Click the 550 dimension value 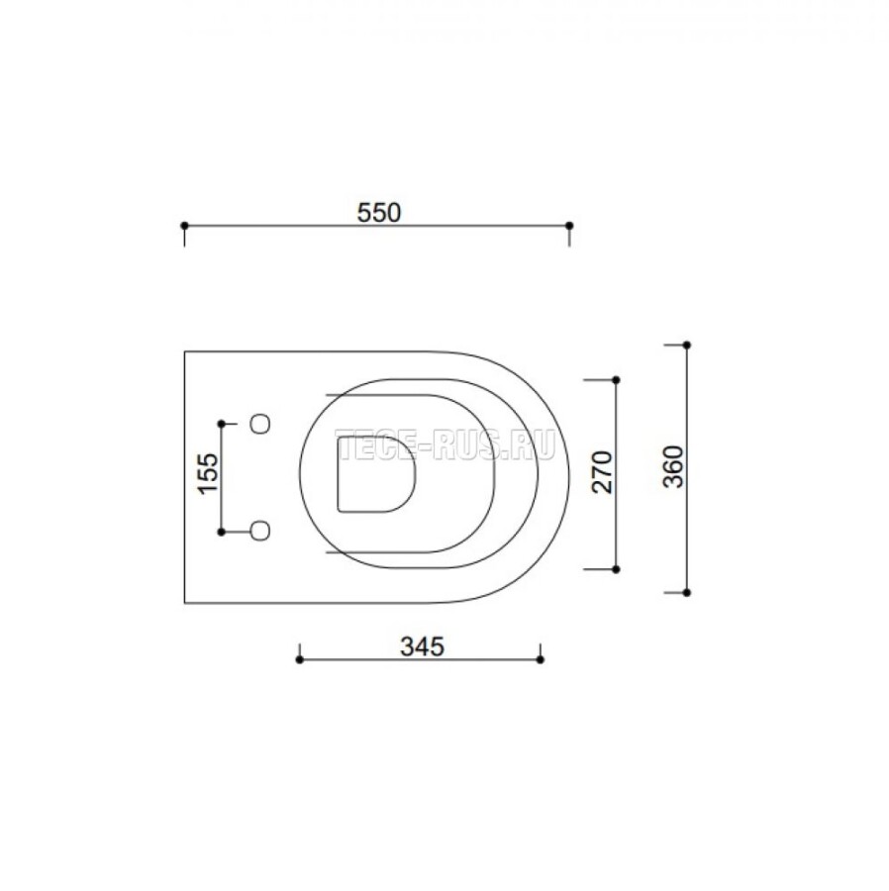tap(378, 212)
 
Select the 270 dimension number tap(605, 471)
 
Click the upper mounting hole tap(260, 424)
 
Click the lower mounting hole tap(260, 532)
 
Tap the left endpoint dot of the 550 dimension tap(184, 226)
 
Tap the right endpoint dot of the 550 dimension tap(568, 226)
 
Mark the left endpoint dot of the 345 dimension tap(299, 657)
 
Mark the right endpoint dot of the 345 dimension tap(540, 657)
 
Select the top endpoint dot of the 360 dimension tap(687, 345)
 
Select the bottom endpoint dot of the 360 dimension tap(687, 592)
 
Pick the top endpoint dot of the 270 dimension tap(616, 379)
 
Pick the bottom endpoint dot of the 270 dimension tap(616, 569)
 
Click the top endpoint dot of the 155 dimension tap(222, 424)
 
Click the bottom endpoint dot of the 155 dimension tap(222, 532)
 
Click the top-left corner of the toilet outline tap(185, 351)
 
